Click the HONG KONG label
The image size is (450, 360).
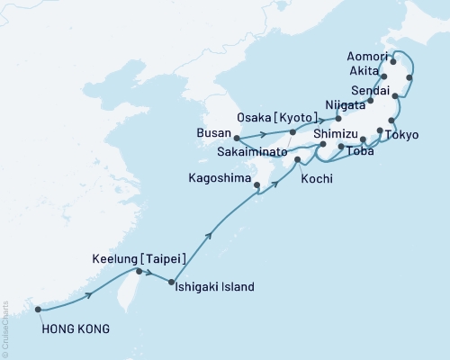click(76, 328)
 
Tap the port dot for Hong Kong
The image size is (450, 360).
click(38, 310)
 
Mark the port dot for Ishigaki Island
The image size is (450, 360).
click(171, 282)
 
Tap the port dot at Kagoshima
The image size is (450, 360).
click(257, 186)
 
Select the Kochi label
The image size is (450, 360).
click(317, 179)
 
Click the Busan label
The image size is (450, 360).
click(213, 131)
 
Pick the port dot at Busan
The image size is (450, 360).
click(237, 139)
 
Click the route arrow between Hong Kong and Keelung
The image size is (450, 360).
click(88, 294)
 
